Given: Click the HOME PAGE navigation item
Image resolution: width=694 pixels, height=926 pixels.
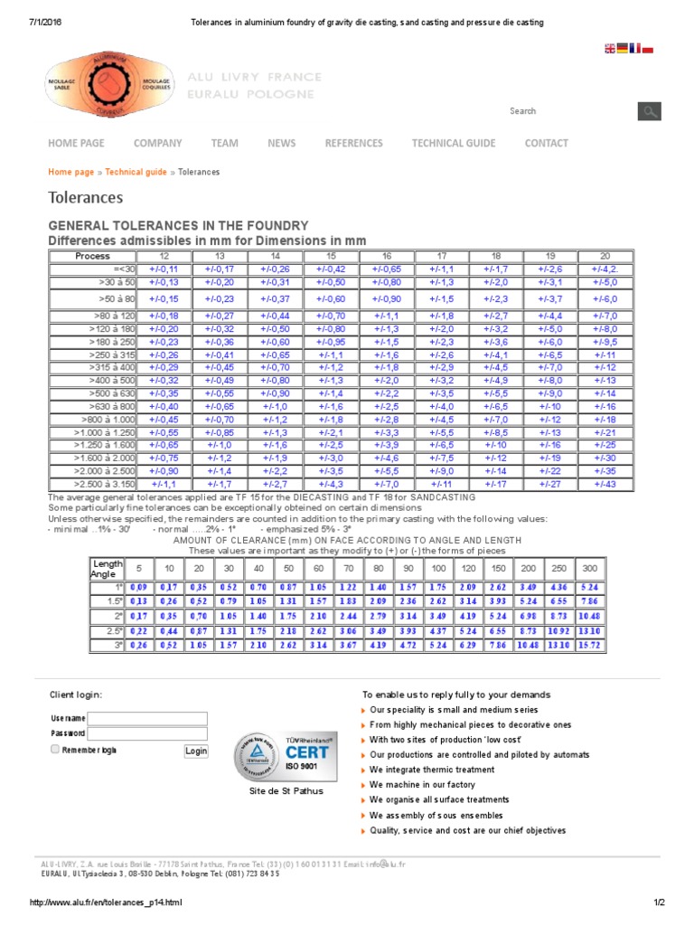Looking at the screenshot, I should click(x=76, y=143).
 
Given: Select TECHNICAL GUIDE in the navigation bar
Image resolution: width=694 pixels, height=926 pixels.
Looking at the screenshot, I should click(x=453, y=143).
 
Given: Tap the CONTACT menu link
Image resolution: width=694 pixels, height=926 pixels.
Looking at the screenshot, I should click(x=546, y=143).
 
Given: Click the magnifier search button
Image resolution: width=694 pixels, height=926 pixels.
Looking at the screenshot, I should click(x=649, y=111).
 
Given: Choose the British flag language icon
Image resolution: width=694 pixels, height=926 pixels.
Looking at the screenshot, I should click(x=610, y=49).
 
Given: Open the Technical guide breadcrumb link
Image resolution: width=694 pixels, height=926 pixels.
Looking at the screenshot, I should click(x=136, y=172).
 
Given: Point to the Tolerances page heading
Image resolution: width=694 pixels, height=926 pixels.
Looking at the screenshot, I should click(x=85, y=197).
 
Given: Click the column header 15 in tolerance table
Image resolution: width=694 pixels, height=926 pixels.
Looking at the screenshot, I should click(x=331, y=256).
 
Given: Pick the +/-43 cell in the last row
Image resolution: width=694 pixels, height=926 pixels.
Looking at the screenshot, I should click(x=604, y=485).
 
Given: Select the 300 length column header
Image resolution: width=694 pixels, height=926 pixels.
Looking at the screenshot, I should click(x=589, y=568).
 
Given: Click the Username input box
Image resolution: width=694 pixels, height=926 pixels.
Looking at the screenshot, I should click(x=147, y=718).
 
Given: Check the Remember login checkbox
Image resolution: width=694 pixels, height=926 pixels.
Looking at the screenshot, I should click(x=55, y=750).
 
